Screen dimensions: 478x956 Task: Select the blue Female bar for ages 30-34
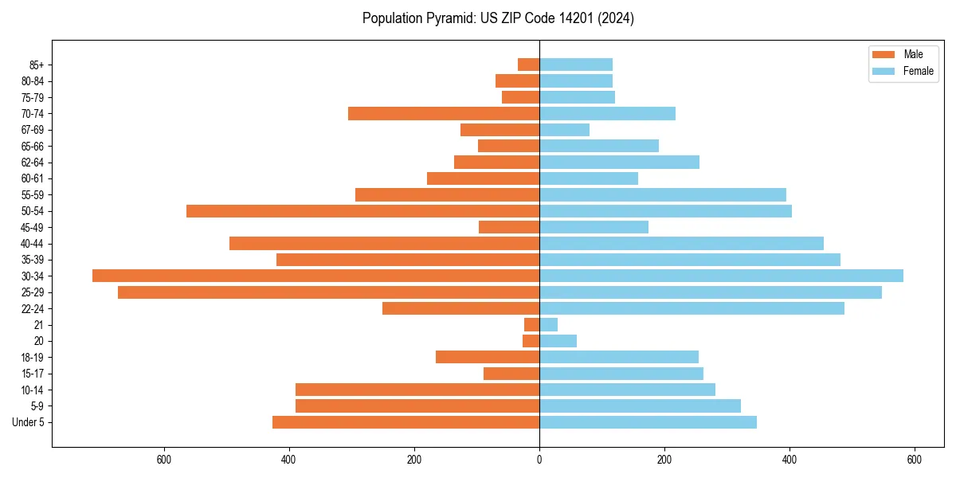(721, 276)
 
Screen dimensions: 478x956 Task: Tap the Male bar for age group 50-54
(362, 211)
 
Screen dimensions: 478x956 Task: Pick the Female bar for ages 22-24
(692, 308)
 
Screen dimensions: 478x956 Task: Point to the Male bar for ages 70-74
(444, 113)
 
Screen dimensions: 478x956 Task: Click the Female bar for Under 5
(648, 422)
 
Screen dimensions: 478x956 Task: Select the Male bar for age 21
(531, 324)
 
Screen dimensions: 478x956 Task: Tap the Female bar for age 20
(558, 341)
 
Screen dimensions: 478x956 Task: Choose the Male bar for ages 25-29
(328, 292)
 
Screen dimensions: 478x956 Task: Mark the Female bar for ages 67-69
(564, 130)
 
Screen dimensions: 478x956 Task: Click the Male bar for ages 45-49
(509, 227)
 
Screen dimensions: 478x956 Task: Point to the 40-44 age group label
(32, 244)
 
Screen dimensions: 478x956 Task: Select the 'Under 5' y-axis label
(28, 422)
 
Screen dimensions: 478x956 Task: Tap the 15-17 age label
(32, 374)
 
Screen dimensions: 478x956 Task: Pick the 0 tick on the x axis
(539, 460)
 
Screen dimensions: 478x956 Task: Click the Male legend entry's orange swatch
(884, 54)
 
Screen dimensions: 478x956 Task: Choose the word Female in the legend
(918, 71)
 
